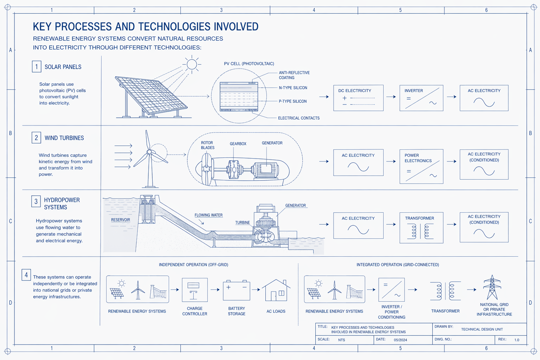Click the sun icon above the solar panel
point(192,64)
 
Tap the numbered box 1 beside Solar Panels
point(37,66)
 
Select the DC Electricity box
point(358,98)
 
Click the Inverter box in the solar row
point(421,98)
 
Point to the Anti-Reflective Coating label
point(294,75)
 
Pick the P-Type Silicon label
point(292,101)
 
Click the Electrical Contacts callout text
point(298,118)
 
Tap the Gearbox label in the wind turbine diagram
point(238,144)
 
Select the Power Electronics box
point(421,166)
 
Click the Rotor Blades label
point(207,145)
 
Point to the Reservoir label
point(121,220)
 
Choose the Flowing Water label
point(208,215)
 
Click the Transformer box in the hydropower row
point(421,227)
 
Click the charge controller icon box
point(195,290)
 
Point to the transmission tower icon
point(492,287)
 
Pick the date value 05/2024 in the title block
point(400,340)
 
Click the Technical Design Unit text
point(482,329)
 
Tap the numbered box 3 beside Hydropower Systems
point(36,201)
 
